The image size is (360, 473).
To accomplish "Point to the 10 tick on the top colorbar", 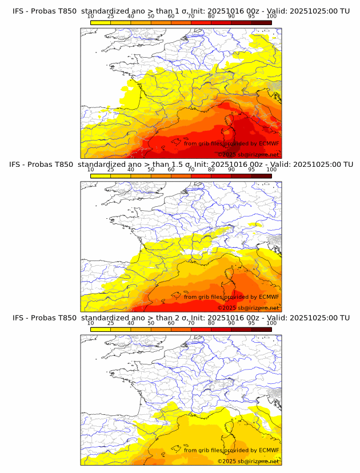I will (x=91, y=17).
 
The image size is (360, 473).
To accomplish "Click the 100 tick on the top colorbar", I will (x=271, y=17).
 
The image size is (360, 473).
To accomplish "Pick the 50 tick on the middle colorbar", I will (x=151, y=170).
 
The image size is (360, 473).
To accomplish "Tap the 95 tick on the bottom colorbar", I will (x=251, y=323).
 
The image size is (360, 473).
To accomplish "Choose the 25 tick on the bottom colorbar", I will (x=111, y=323).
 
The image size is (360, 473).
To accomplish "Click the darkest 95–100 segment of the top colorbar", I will (x=261, y=22).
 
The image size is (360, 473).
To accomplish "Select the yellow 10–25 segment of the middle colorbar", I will (x=101, y=176).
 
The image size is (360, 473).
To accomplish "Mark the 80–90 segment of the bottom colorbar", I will (x=221, y=329).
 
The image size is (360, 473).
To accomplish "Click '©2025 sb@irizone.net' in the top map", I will (x=249, y=154).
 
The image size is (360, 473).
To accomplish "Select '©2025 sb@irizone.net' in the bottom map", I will (x=249, y=461).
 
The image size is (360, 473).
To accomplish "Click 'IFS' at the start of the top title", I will (x=18, y=11).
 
